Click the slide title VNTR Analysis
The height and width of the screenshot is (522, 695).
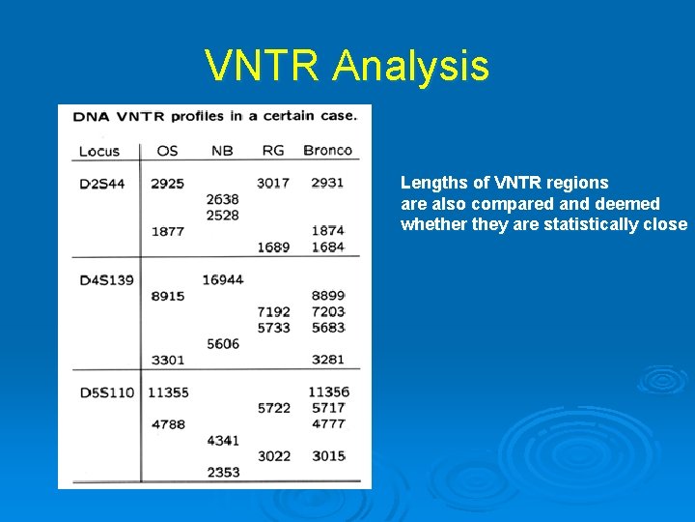click(347, 66)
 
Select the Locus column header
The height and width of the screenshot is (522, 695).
click(98, 151)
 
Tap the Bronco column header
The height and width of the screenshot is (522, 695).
click(328, 150)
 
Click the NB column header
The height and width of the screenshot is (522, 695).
click(222, 150)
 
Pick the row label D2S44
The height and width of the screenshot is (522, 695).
click(101, 184)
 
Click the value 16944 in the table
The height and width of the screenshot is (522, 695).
click(223, 279)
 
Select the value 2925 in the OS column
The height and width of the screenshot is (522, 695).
click(167, 183)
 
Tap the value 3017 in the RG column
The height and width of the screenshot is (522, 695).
click(273, 183)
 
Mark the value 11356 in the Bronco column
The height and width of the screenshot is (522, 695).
click(328, 391)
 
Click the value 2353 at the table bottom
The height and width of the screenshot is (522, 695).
click(223, 472)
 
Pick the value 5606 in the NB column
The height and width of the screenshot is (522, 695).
click(223, 343)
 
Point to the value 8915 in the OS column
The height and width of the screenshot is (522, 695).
click(167, 296)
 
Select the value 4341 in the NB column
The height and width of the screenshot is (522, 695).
click(223, 440)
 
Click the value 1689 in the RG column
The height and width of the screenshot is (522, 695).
click(273, 246)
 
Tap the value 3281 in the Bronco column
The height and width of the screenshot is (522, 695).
click(328, 360)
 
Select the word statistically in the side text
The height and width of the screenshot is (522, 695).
click(598, 224)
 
